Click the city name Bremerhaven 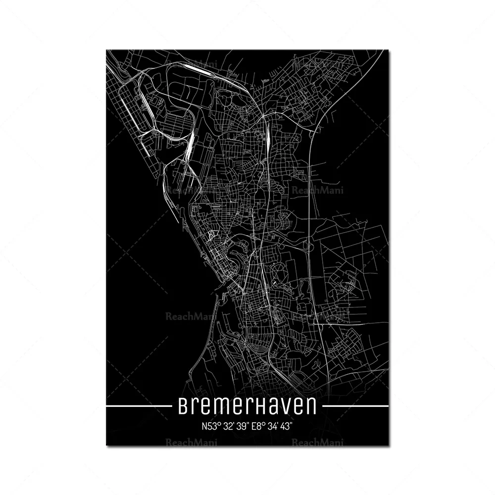coord(247,406)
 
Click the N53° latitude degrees coord(211,426)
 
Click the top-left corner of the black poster coord(107,50)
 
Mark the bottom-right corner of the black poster coord(389,445)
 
